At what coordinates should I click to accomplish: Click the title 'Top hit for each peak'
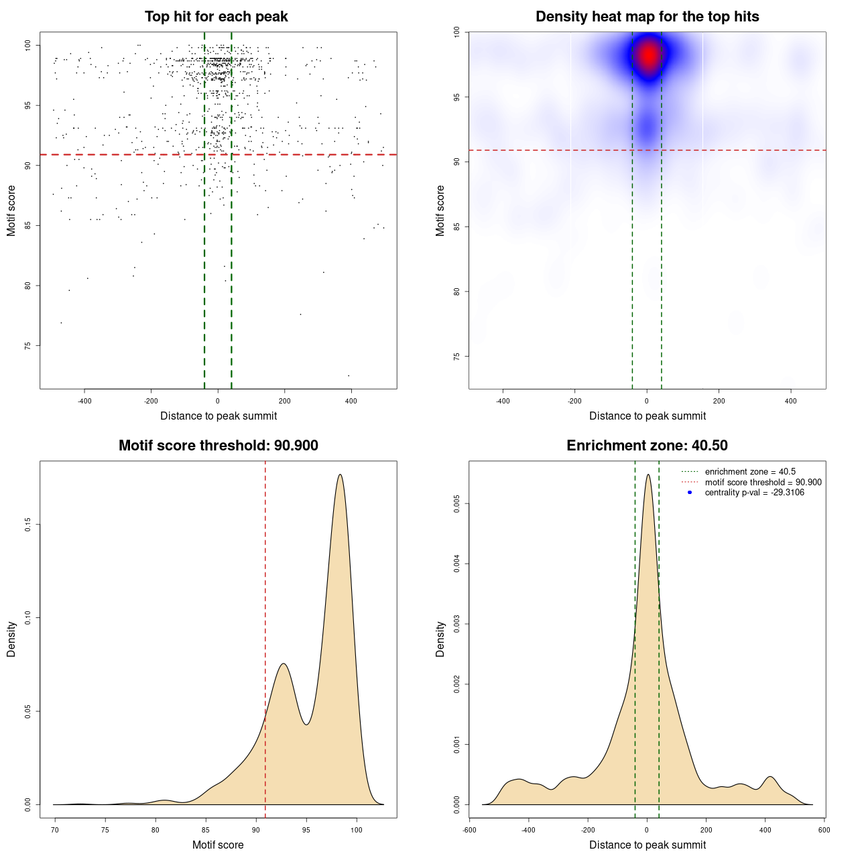click(216, 17)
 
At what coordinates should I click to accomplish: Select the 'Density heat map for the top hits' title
click(647, 17)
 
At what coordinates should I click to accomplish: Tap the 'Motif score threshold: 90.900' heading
click(218, 446)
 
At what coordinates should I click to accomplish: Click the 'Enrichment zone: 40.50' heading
click(647, 446)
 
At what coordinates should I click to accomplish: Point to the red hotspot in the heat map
click(648, 55)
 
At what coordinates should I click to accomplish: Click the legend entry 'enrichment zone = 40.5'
click(750, 472)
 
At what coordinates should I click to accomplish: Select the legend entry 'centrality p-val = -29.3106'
click(754, 493)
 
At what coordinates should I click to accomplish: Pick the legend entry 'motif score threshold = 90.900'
click(763, 483)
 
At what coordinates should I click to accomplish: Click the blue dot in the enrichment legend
click(690, 493)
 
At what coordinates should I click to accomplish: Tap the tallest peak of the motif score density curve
click(341, 475)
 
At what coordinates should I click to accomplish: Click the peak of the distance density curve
click(648, 475)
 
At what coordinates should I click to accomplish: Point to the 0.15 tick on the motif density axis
click(28, 524)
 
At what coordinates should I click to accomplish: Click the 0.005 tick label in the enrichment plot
click(457, 503)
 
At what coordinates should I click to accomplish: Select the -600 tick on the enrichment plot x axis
click(469, 830)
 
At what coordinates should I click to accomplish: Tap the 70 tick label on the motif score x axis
click(55, 830)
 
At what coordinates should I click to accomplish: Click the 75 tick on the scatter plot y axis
click(28, 346)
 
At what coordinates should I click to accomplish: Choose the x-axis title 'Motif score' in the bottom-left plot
click(218, 845)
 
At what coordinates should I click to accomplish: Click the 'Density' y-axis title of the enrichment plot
click(440, 639)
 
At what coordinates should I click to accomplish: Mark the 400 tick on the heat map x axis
click(791, 401)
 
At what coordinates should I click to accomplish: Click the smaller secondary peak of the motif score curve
click(284, 664)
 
